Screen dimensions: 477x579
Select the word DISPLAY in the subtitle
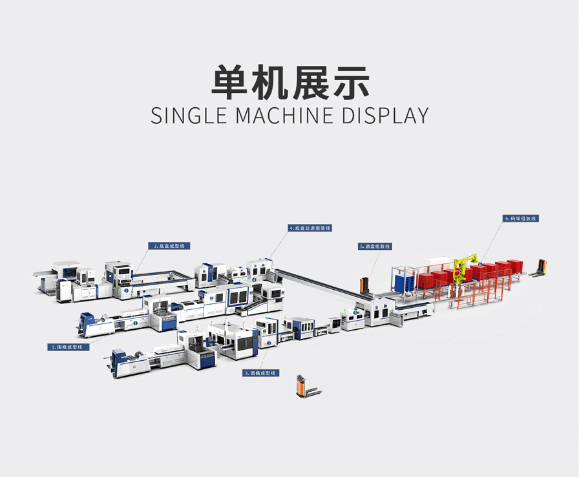[385, 115]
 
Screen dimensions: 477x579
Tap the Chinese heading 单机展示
[290, 83]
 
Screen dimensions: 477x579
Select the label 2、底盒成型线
[169, 246]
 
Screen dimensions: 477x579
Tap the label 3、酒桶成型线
[260, 373]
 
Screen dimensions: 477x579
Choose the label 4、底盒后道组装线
[310, 228]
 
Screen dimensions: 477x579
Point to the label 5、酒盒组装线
[375, 246]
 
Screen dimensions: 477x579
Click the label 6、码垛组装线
[520, 219]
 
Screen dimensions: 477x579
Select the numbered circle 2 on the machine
[126, 290]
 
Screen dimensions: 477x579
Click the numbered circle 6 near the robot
[480, 265]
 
